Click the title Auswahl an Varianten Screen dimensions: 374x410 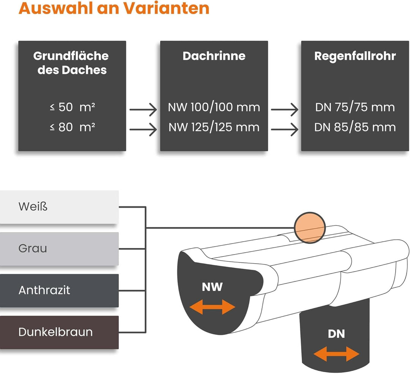(114, 8)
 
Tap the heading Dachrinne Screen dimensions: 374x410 (214, 56)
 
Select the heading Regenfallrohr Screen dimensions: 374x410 (355, 56)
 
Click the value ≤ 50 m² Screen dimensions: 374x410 (72, 107)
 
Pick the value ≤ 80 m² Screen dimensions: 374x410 (72, 127)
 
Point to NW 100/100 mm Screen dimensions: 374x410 (214, 107)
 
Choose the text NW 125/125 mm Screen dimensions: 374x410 (214, 127)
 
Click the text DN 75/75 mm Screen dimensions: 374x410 (355, 107)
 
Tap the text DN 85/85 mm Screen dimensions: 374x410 (355, 127)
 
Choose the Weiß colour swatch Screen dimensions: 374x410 (59, 207)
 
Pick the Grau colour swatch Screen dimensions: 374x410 (59, 249)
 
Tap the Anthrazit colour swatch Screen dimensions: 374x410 (59, 291)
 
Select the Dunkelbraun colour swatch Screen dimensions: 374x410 (59, 332)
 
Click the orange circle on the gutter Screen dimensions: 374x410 (310, 228)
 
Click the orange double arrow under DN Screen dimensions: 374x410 (336, 354)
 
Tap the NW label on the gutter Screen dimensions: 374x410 (212, 287)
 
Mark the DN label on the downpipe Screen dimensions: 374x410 (336, 334)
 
